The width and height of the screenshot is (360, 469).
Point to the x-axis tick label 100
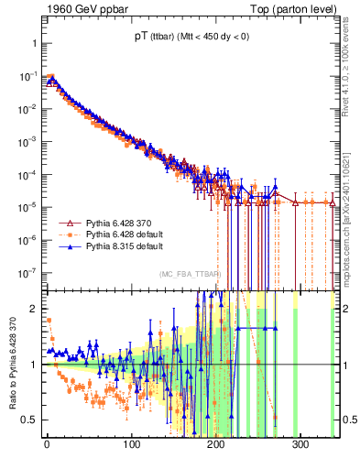(131, 448)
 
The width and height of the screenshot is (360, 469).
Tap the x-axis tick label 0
(47, 448)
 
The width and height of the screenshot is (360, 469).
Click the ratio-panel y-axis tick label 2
(32, 310)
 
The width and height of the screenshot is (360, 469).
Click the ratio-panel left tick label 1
(32, 365)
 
